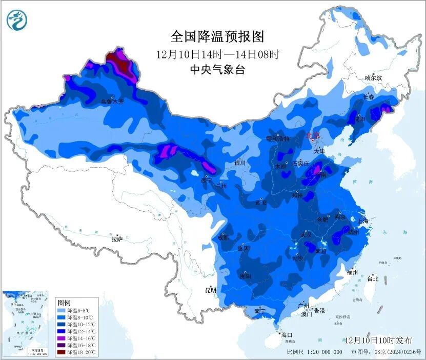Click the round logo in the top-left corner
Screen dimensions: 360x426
tap(16, 19)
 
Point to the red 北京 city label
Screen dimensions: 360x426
tap(313, 136)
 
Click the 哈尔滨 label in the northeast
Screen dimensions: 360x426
tap(373, 78)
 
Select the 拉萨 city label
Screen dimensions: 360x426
tap(117, 238)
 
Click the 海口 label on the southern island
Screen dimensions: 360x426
tap(287, 334)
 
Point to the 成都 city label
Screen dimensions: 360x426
tap(222, 237)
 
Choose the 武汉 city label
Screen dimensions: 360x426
tap(307, 234)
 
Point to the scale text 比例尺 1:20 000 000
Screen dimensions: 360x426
tap(314, 352)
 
